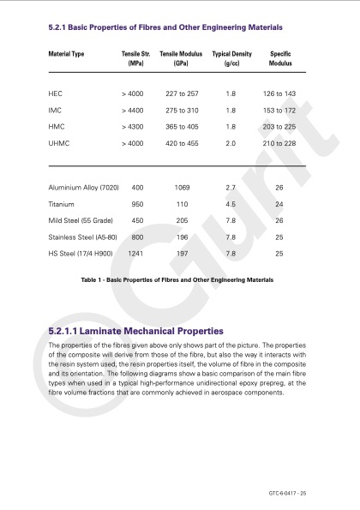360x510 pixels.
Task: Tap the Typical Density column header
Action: [x=231, y=58]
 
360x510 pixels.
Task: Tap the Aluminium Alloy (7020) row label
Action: [x=84, y=187]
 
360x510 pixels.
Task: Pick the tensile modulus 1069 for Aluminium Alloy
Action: [x=181, y=187]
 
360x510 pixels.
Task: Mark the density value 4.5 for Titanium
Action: [x=230, y=204]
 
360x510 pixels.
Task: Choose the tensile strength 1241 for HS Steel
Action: [x=135, y=253]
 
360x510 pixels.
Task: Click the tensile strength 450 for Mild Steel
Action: [x=137, y=220]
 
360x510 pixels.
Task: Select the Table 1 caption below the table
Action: [x=177, y=279]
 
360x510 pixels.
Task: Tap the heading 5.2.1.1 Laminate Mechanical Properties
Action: [x=137, y=330]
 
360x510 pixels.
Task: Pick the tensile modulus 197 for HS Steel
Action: [x=181, y=253]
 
